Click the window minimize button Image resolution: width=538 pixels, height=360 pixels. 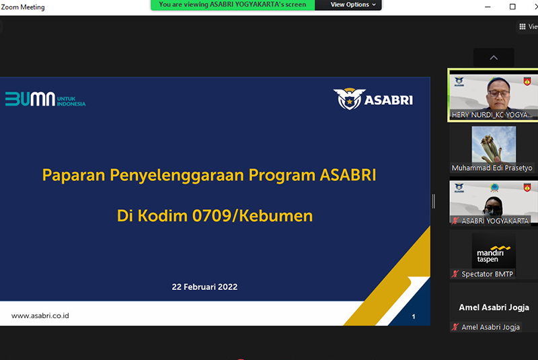[488, 7]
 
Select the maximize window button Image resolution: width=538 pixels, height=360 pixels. [512, 7]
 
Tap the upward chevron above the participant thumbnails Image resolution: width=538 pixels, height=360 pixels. [494, 58]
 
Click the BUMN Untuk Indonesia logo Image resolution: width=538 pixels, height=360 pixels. [45, 99]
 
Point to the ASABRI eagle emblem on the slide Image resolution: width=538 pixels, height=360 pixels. [349, 99]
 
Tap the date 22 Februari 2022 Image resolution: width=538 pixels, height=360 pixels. [204, 287]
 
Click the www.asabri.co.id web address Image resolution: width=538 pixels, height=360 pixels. [40, 316]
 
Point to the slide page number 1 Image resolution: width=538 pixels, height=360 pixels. [414, 316]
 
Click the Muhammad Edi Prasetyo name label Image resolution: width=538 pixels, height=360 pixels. [492, 168]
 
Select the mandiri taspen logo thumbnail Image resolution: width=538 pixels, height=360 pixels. [494, 251]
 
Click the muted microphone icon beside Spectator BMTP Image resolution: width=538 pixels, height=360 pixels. [455, 274]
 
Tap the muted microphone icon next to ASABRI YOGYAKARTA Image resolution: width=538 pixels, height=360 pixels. [455, 221]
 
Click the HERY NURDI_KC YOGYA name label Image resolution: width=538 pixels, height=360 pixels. [492, 115]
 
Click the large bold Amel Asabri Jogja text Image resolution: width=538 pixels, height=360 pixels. [494, 307]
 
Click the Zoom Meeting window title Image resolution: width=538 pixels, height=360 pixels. [23, 7]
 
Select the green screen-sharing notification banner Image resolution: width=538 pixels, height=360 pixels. [233, 5]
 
